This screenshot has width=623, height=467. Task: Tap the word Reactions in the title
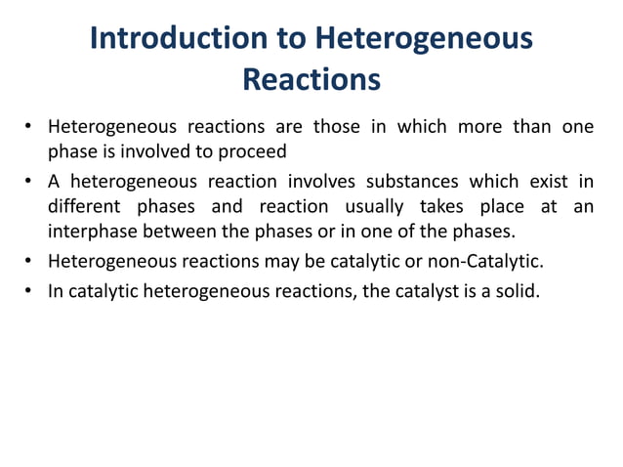311,78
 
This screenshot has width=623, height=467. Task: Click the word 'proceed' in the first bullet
255,152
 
